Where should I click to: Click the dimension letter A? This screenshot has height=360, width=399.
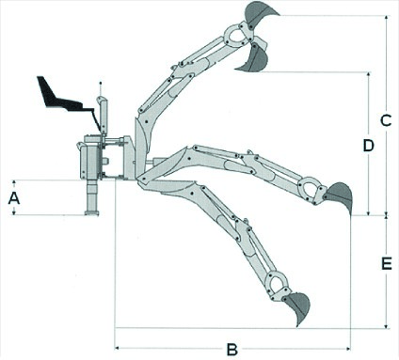[x=13, y=197]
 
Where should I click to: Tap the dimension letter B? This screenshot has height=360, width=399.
[x=231, y=349]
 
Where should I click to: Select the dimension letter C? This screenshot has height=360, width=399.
[x=385, y=120]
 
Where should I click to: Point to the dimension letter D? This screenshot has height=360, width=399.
[x=369, y=146]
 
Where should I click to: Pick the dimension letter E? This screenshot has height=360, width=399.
[x=386, y=264]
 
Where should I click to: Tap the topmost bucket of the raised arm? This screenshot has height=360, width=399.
[x=260, y=13]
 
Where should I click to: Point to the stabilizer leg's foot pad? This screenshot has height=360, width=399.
[x=91, y=213]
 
